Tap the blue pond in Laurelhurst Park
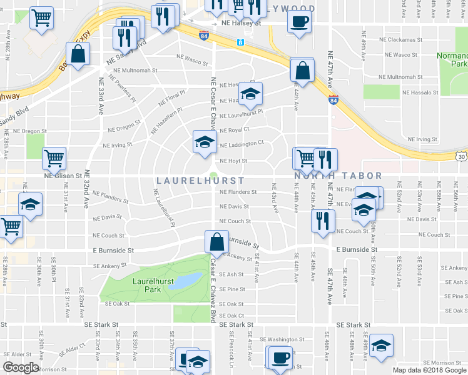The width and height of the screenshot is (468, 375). click(x=188, y=280)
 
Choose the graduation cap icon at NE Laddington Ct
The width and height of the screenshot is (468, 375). click(x=204, y=142)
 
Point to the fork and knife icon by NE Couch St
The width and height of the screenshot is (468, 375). click(x=323, y=221)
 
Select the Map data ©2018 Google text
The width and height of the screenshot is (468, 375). click(x=429, y=370)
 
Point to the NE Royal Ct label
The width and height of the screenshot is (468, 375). click(x=234, y=129)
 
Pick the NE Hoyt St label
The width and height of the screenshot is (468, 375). click(x=233, y=161)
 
